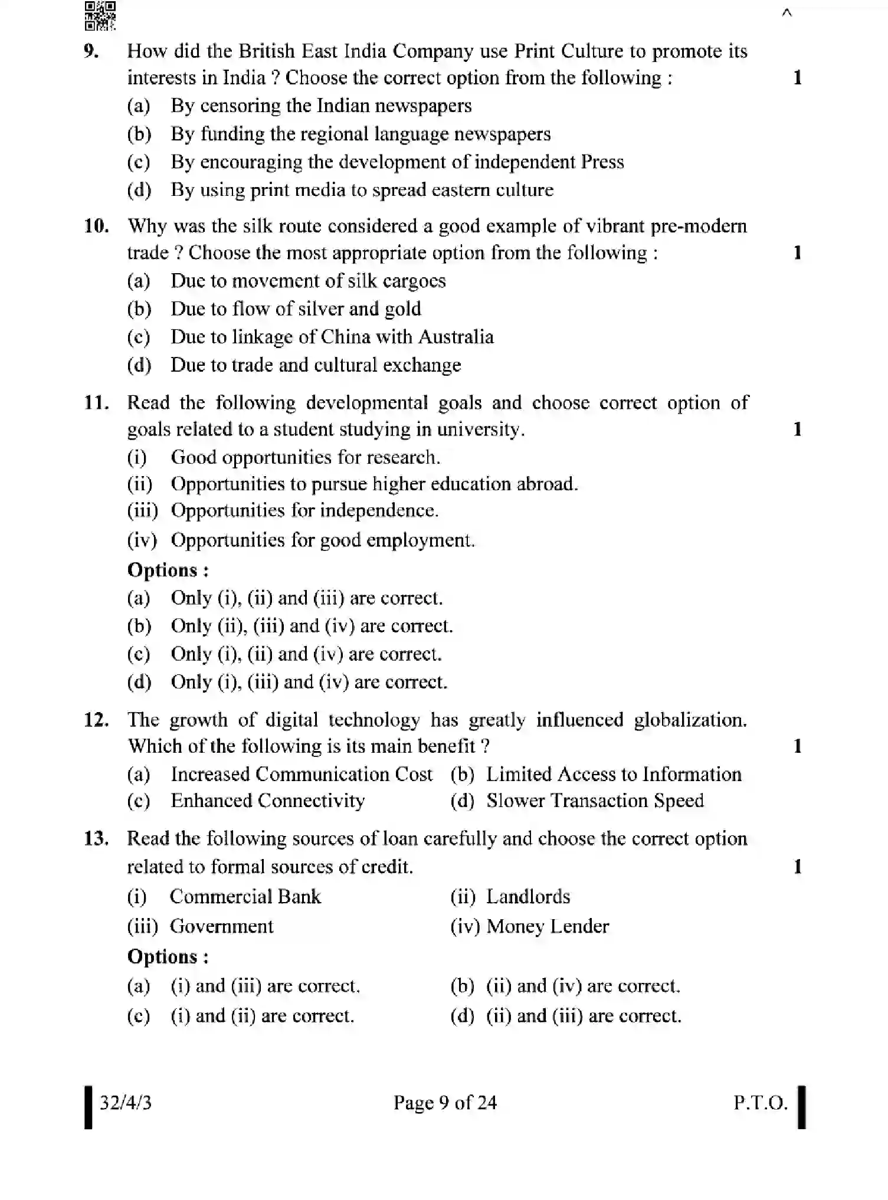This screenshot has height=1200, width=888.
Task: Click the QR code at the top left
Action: pyautogui.click(x=100, y=16)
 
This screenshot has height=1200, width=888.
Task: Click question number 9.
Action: pyautogui.click(x=91, y=51)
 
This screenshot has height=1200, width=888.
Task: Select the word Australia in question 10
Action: pyautogui.click(x=456, y=337)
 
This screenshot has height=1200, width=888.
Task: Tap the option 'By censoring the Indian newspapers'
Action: pyautogui.click(x=321, y=106)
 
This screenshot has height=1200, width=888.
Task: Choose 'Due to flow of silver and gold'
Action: pyautogui.click(x=296, y=309)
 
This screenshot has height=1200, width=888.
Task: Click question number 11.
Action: pyautogui.click(x=96, y=403)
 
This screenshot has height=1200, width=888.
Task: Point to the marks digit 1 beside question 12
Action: pyautogui.click(x=797, y=746)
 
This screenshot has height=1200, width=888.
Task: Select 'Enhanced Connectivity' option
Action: pyautogui.click(x=267, y=801)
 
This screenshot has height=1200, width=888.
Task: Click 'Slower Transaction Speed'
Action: pyautogui.click(x=594, y=801)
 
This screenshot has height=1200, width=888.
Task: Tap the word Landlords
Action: pyautogui.click(x=527, y=897)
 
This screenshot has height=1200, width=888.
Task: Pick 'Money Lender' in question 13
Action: pyautogui.click(x=547, y=926)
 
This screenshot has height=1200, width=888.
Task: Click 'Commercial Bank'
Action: pyautogui.click(x=245, y=897)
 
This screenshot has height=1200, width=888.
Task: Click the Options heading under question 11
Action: pyautogui.click(x=168, y=571)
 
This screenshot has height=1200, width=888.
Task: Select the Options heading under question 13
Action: pyautogui.click(x=168, y=956)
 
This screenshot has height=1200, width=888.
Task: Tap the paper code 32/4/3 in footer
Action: pyautogui.click(x=125, y=1103)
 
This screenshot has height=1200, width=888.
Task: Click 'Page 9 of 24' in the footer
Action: pyautogui.click(x=445, y=1103)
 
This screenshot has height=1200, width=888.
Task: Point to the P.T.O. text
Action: pyautogui.click(x=760, y=1103)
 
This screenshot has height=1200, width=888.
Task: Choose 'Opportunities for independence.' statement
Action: pyautogui.click(x=304, y=511)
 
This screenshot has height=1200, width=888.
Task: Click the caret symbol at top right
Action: pyautogui.click(x=786, y=13)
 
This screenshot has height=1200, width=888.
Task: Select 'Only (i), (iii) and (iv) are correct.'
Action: pyautogui.click(x=309, y=682)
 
